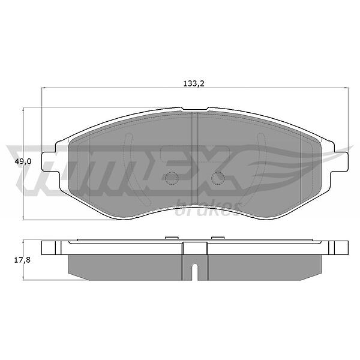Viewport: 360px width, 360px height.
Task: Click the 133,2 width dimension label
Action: point(194,83)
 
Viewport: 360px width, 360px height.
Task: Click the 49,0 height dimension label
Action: point(23,161)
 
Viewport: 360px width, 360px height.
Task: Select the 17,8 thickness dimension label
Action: point(22,260)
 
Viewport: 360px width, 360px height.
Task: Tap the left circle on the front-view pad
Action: point(172,178)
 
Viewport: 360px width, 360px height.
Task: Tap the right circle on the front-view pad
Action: point(218,178)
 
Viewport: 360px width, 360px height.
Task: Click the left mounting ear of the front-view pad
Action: point(49,162)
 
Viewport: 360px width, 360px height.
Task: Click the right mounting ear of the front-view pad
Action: point(341,162)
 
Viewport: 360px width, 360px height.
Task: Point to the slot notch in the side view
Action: point(194,272)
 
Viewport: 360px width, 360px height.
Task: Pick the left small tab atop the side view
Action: point(172,238)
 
